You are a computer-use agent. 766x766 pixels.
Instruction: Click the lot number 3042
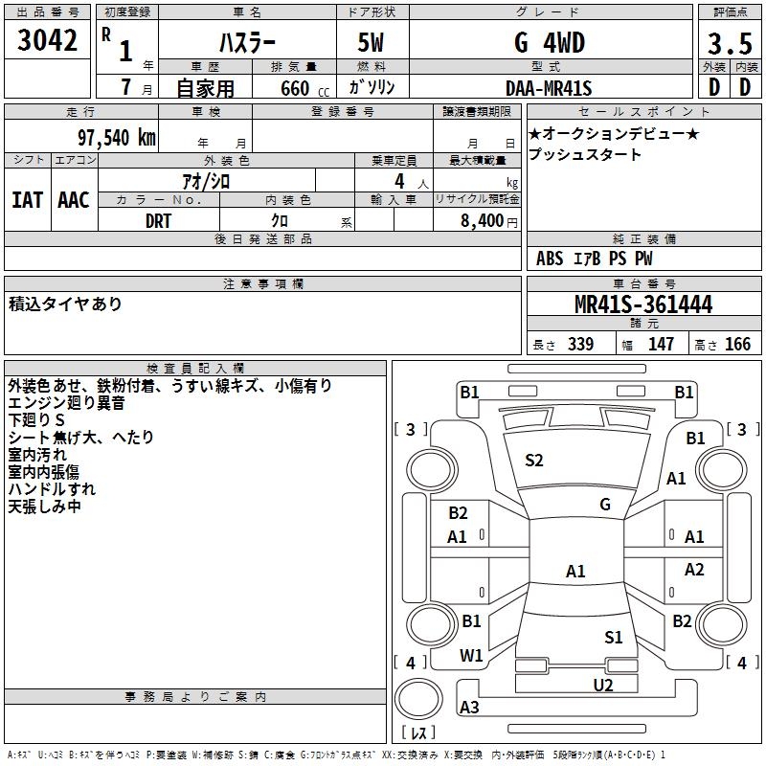pyautogui.click(x=48, y=41)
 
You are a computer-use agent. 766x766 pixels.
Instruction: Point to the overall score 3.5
pyautogui.click(x=729, y=43)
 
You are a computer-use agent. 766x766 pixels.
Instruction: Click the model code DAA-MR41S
pyautogui.click(x=549, y=88)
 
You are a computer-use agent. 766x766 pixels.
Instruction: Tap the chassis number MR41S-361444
pyautogui.click(x=643, y=304)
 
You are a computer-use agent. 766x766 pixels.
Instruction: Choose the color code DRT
pyautogui.click(x=159, y=220)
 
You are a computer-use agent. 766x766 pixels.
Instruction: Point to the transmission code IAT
pyautogui.click(x=28, y=200)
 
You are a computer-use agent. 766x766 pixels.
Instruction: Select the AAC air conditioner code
pyautogui.click(x=74, y=200)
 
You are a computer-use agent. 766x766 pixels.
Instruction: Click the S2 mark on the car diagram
pyautogui.click(x=534, y=461)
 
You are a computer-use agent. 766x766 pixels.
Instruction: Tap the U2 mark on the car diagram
pyautogui.click(x=603, y=684)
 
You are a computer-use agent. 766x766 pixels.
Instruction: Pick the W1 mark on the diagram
pyautogui.click(x=471, y=656)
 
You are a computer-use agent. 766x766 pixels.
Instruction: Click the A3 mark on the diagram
pyautogui.click(x=469, y=708)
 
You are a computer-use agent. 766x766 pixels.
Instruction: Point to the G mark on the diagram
pyautogui.click(x=605, y=505)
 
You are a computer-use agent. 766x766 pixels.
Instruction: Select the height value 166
pyautogui.click(x=737, y=345)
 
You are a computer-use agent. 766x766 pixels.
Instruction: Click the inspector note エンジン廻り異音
pyautogui.click(x=66, y=403)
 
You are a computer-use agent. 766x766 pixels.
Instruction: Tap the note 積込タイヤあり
pyautogui.click(x=65, y=304)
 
